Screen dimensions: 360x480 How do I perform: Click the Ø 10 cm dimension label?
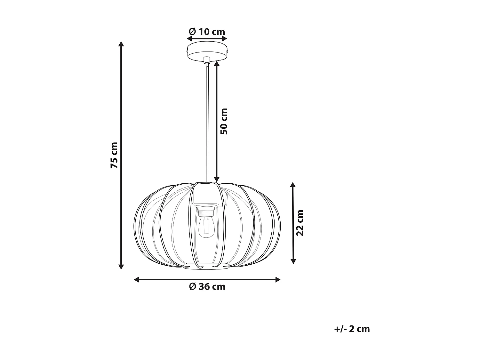pyautogui.click(x=207, y=32)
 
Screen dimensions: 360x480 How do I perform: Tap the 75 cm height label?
pyautogui.click(x=114, y=155)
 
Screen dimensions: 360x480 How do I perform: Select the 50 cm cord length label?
pyautogui.click(x=224, y=121)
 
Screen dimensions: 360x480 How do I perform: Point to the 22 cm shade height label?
pyautogui.click(x=300, y=223)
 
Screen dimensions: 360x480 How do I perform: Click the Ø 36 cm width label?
pyautogui.click(x=207, y=286)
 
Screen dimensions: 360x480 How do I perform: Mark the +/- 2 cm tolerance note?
pyautogui.click(x=352, y=329)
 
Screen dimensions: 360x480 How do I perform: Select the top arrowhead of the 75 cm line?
pyautogui.click(x=121, y=44)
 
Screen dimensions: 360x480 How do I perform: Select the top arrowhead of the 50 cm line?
pyautogui.click(x=217, y=63)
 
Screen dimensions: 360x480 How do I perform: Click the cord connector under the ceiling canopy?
pyautogui.click(x=207, y=60)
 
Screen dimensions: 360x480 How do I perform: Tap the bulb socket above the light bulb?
pyautogui.click(x=205, y=211)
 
